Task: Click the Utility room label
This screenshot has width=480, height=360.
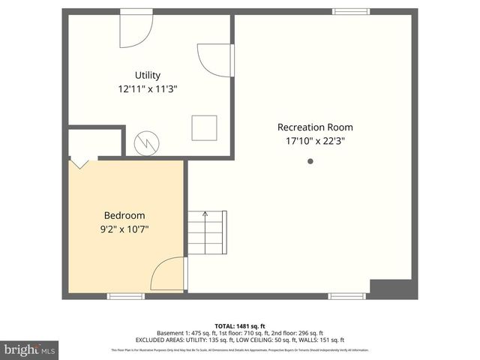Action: pyautogui.click(x=148, y=75)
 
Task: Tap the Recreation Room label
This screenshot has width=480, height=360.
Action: pyautogui.click(x=315, y=127)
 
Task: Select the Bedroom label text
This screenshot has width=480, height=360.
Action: pyautogui.click(x=124, y=215)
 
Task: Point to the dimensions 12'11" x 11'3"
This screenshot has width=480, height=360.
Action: pyautogui.click(x=148, y=88)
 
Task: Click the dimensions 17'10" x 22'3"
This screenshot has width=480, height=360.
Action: pyautogui.click(x=315, y=140)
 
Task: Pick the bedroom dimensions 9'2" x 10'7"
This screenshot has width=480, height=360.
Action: pyautogui.click(x=124, y=229)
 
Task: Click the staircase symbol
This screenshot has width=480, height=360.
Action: pyautogui.click(x=206, y=232)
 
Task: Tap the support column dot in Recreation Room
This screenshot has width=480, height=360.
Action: pyautogui.click(x=310, y=160)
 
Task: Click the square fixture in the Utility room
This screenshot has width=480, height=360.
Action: pyautogui.click(x=204, y=127)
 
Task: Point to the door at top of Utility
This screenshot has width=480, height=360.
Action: pyautogui.click(x=136, y=28)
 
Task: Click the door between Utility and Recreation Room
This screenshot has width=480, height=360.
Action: pyautogui.click(x=217, y=60)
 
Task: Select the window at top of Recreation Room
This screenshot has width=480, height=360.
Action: pyautogui.click(x=351, y=11)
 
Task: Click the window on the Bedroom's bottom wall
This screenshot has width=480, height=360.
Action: pyautogui.click(x=126, y=296)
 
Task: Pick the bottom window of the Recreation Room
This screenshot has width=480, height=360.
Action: pyautogui.click(x=347, y=296)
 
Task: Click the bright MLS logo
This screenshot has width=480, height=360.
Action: pyautogui.click(x=30, y=349)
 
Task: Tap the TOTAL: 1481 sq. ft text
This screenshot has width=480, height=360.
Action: pyautogui.click(x=240, y=326)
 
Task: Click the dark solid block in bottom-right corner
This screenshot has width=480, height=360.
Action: pyautogui.click(x=392, y=289)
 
